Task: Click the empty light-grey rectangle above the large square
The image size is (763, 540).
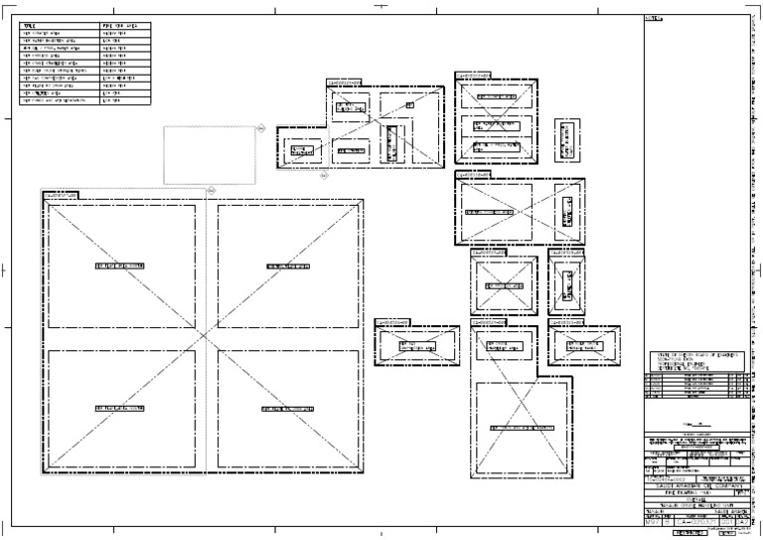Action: pos(209,154)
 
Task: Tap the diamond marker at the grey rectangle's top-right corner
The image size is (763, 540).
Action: pos(257,126)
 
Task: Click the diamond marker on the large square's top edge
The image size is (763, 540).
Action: pos(210,189)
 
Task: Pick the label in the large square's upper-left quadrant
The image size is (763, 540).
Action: pos(120,267)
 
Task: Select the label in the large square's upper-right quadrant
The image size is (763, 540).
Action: pos(289,267)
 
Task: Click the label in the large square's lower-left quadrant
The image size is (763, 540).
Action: pos(120,409)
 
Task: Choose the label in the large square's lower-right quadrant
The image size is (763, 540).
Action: pos(289,409)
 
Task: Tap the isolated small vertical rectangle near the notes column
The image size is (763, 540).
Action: pos(567,140)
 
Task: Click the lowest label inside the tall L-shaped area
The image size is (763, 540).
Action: pos(525,426)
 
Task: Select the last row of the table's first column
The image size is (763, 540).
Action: pos(59,101)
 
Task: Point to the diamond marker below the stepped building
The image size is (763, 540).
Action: pos(324,178)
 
